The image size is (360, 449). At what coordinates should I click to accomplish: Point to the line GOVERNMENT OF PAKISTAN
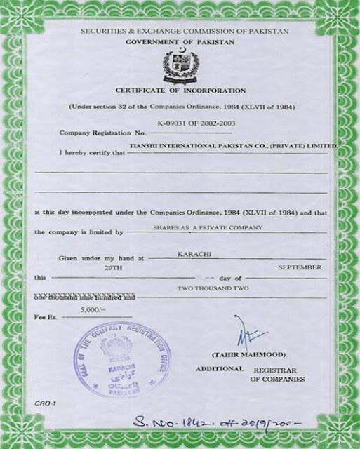(x=180, y=43)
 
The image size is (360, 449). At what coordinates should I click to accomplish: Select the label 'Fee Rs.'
(x=46, y=318)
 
